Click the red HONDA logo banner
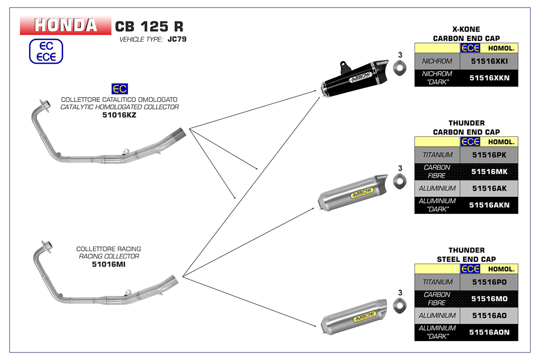click(65, 25)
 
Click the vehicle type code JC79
click(177, 39)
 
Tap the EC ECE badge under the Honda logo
click(46, 51)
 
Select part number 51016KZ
click(119, 115)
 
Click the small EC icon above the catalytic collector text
click(119, 89)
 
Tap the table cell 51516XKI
click(489, 61)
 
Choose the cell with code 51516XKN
click(489, 78)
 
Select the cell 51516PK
click(489, 155)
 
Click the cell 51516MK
click(489, 171)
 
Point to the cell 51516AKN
click(489, 205)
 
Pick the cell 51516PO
click(489, 282)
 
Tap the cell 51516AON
click(489, 332)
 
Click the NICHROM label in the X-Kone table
click(437, 61)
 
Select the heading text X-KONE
click(466, 29)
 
